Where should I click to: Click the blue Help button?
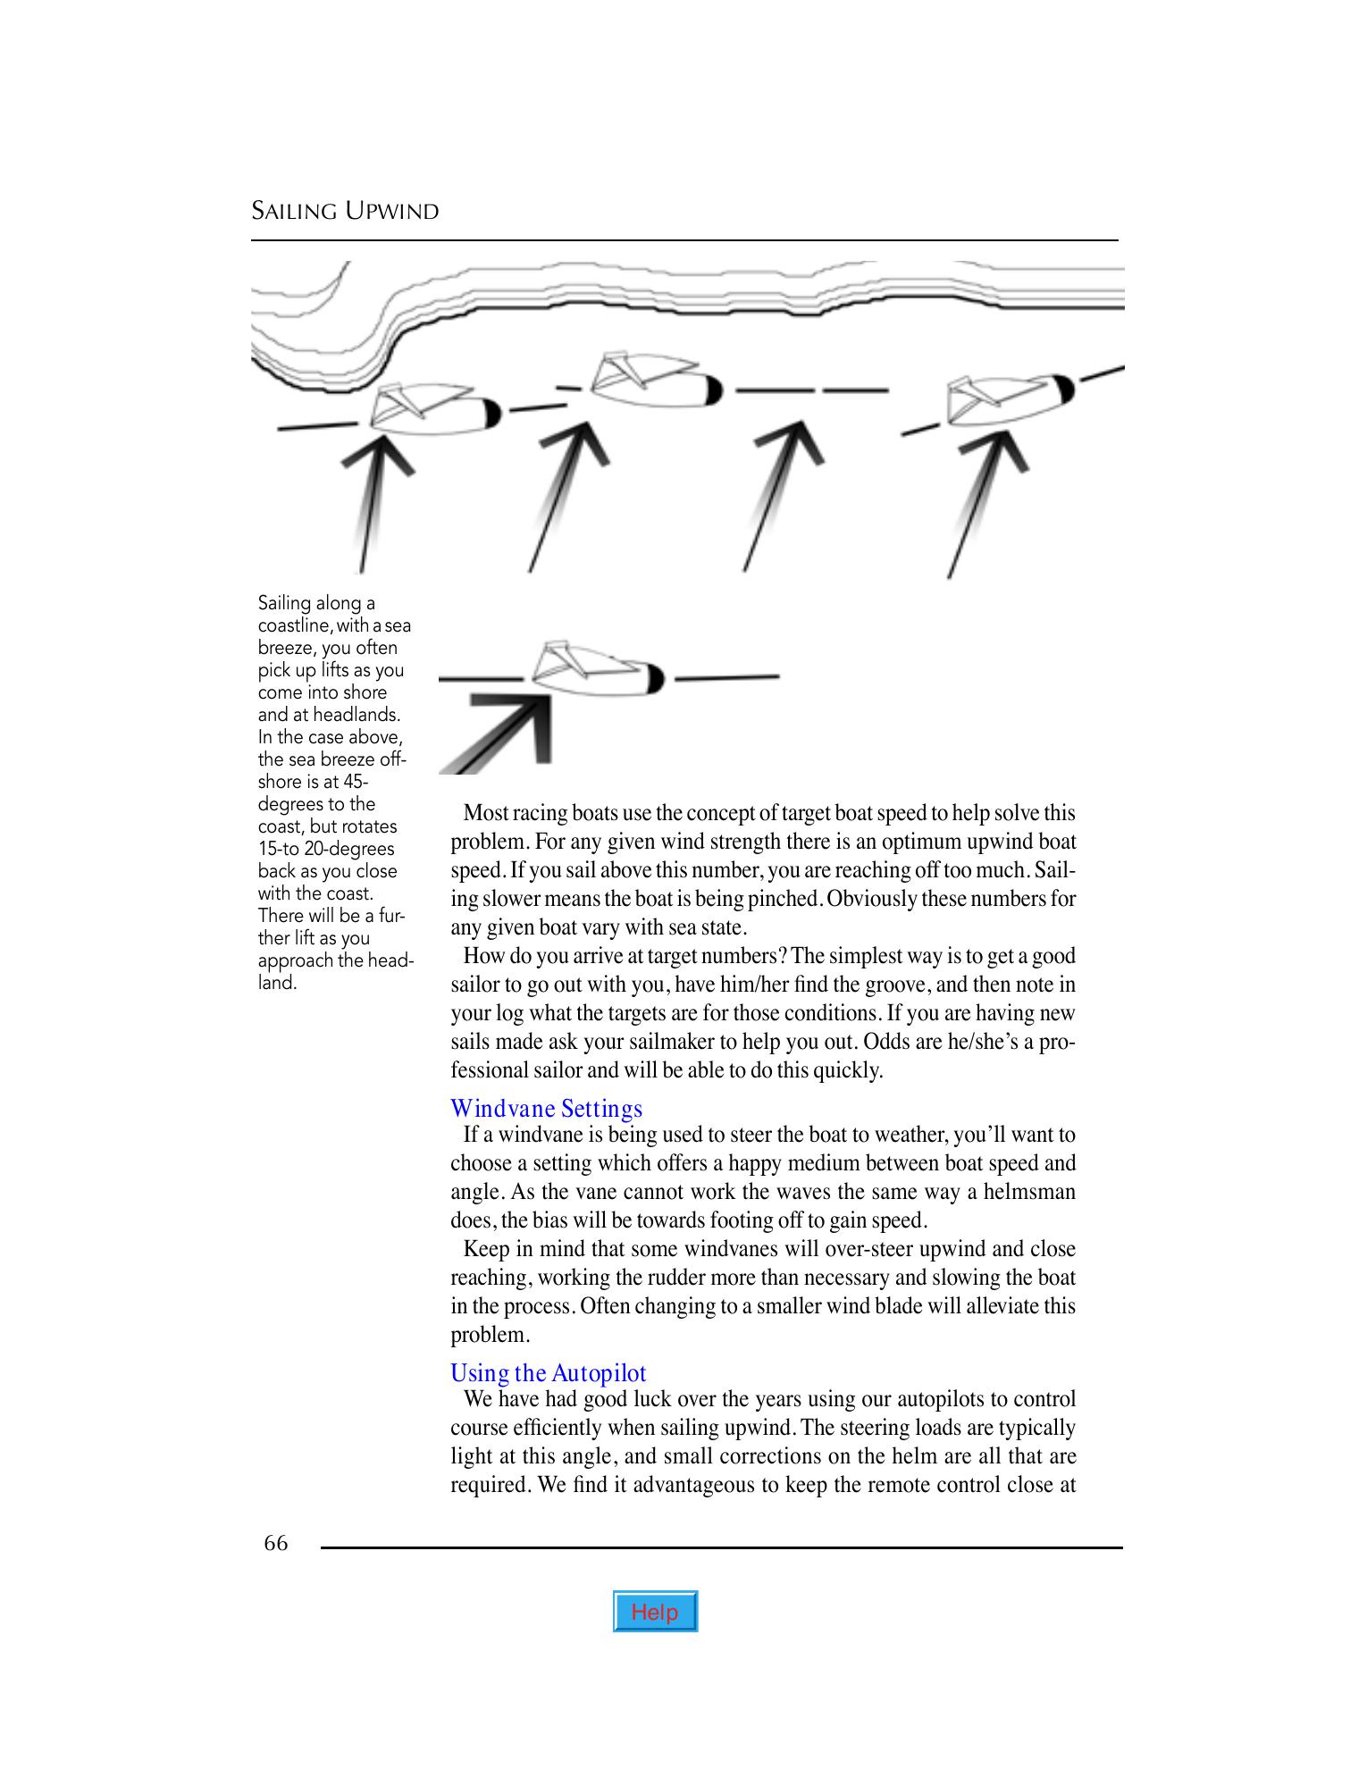coord(655,1611)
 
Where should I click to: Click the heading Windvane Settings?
coord(546,1109)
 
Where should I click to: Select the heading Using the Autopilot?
coord(548,1372)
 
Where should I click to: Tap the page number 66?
coord(276,1543)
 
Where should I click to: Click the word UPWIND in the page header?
coord(392,212)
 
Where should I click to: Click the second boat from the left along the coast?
coord(654,381)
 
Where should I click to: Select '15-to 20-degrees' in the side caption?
coord(325,849)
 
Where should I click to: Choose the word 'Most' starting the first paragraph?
coord(486,813)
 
